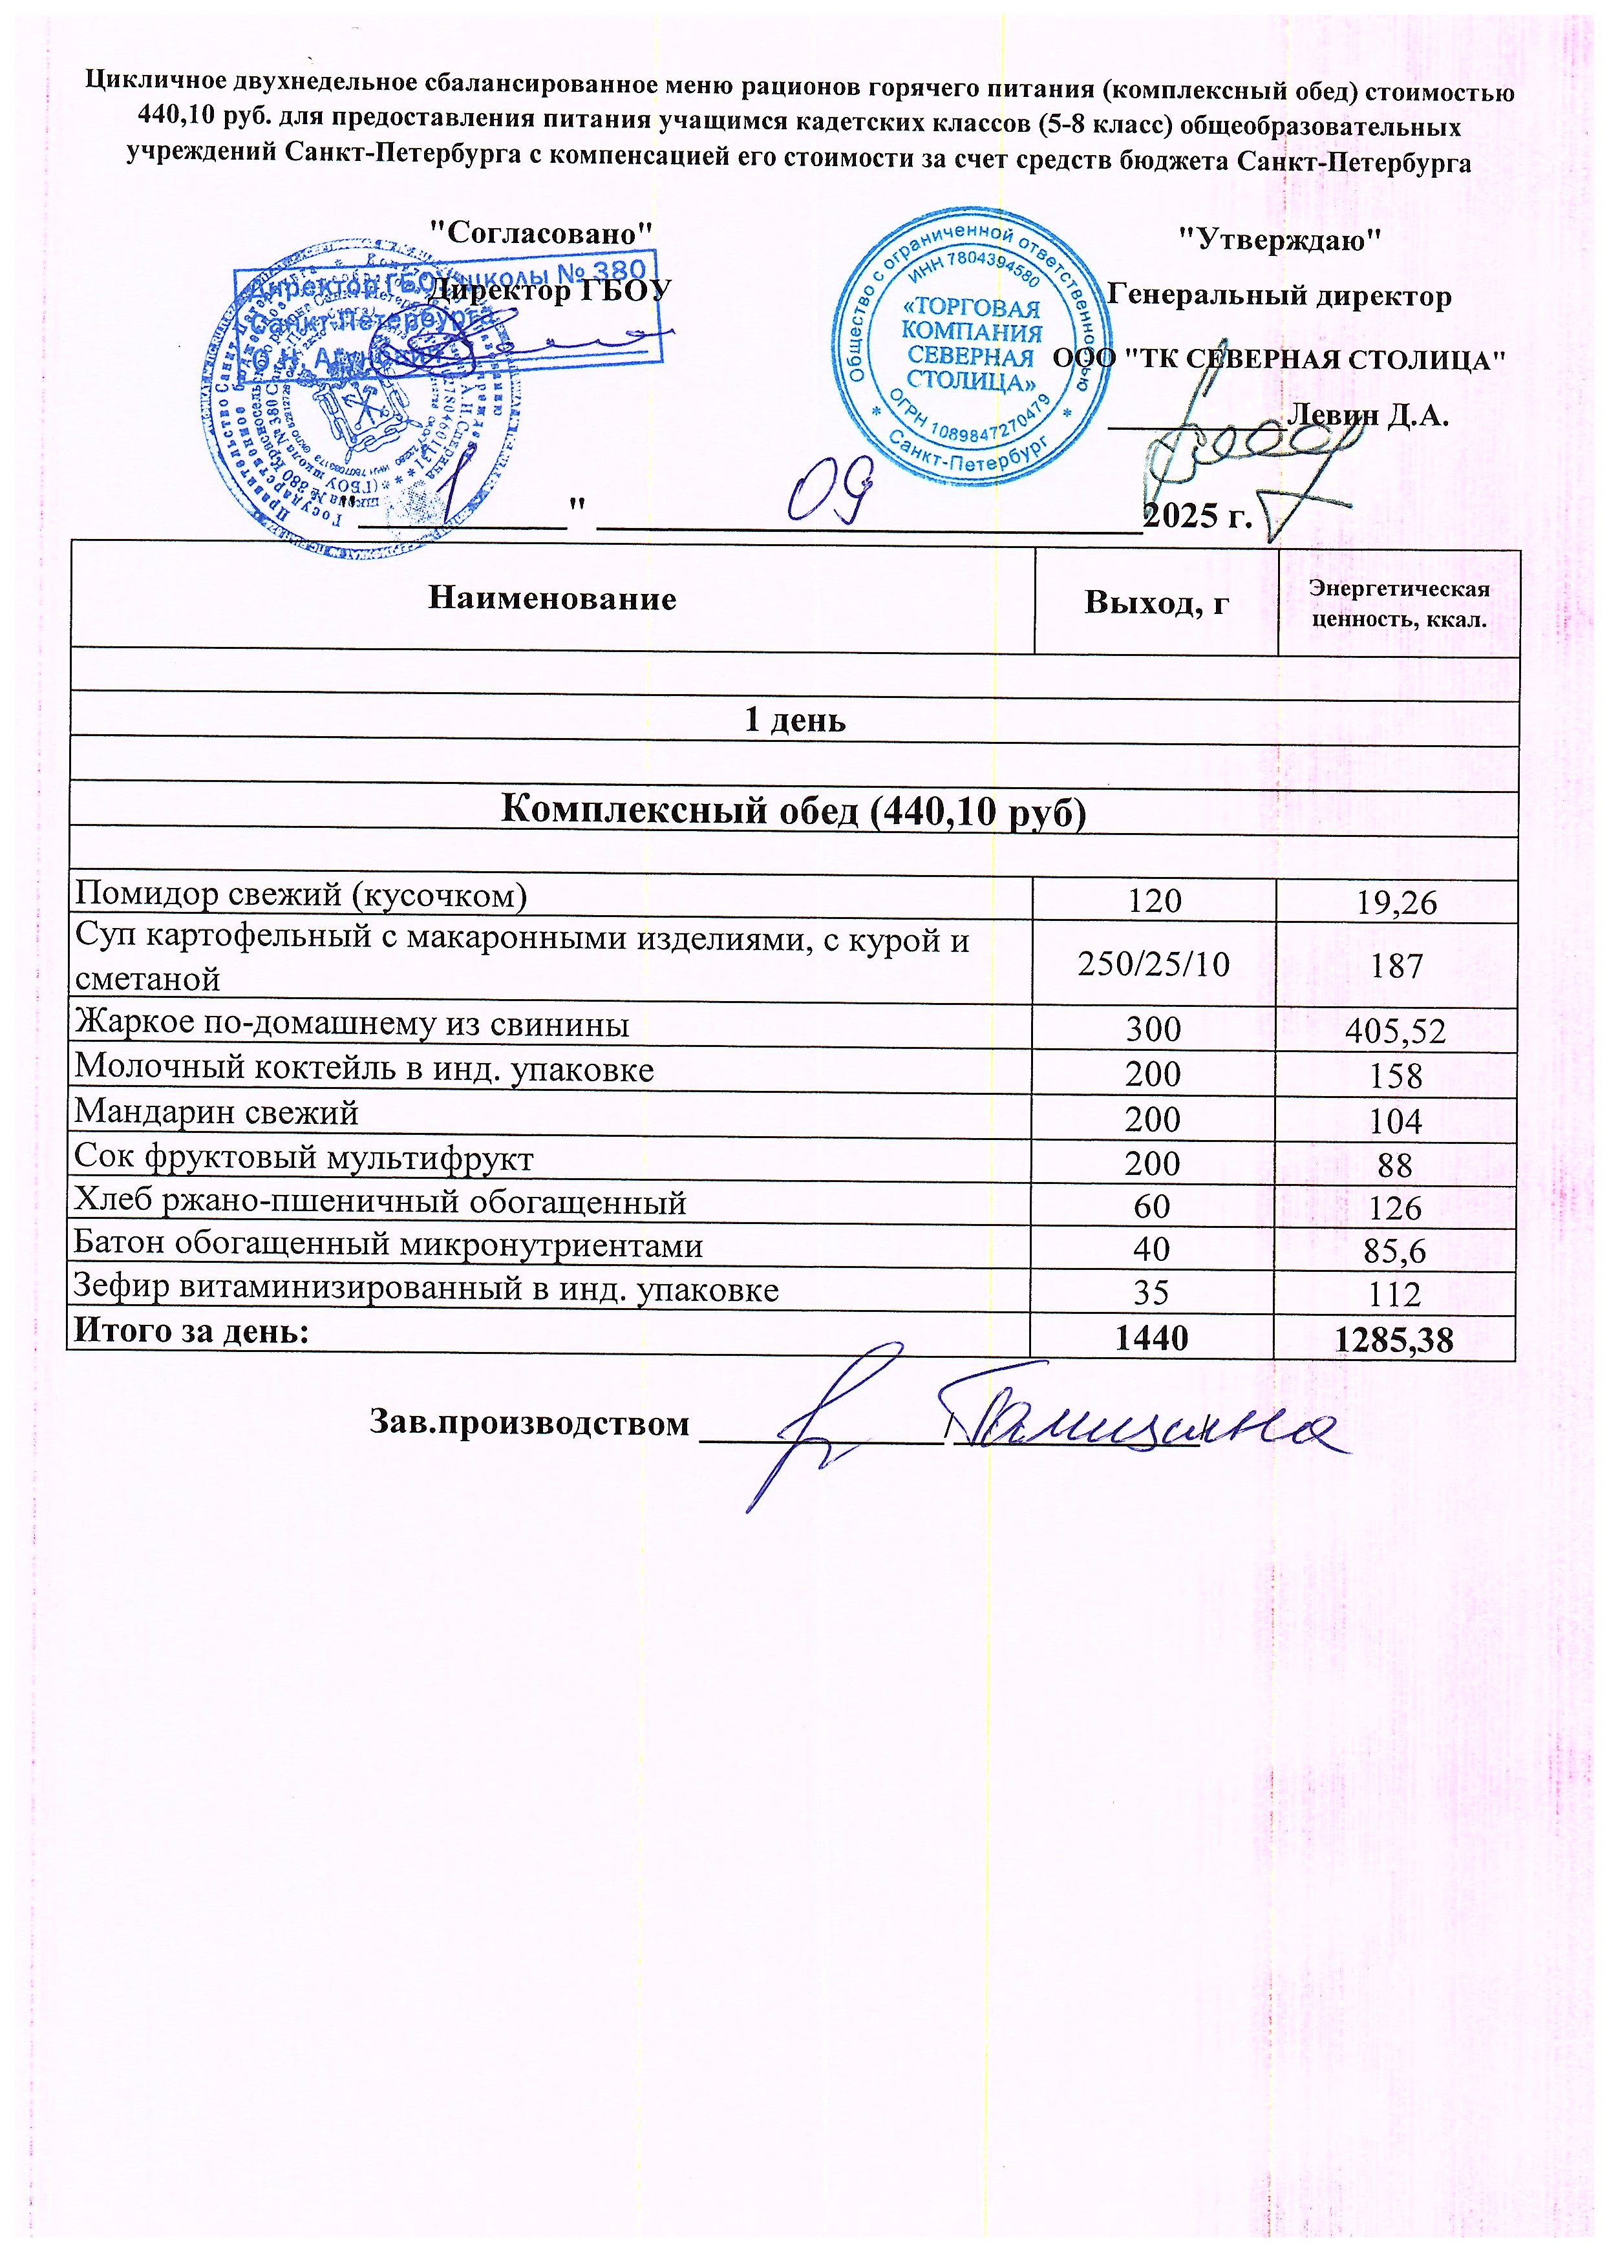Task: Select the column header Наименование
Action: click(552, 599)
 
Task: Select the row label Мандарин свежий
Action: click(217, 1113)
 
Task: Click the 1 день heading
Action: click(794, 720)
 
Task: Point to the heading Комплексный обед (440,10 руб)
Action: click(794, 810)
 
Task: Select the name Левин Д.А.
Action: click(1367, 415)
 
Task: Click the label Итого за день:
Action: click(192, 1332)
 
